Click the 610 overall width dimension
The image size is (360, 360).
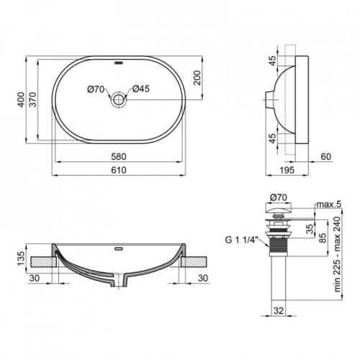tap(119, 170)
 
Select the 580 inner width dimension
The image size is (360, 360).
tap(119, 157)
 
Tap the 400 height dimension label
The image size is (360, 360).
tap(22, 99)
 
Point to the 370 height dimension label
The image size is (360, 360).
tap(32, 99)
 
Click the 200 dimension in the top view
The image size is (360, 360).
tap(197, 78)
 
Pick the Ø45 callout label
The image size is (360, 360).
tap(141, 89)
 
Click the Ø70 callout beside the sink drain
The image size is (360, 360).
tap(96, 89)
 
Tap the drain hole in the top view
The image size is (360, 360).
tap(119, 99)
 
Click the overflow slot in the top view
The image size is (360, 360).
tap(119, 63)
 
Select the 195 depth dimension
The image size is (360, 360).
tap(287, 170)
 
